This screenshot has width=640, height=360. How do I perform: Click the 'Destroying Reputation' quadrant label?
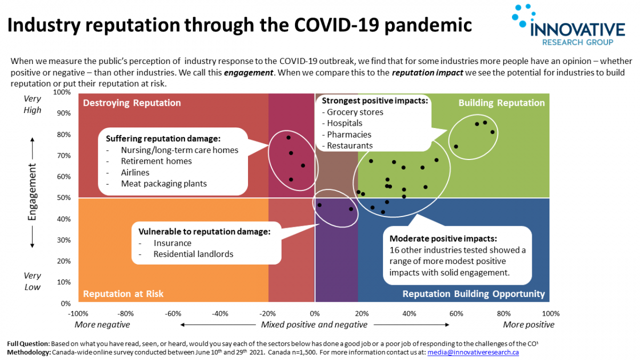[x=132, y=103]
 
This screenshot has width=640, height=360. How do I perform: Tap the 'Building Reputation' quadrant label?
[x=501, y=103]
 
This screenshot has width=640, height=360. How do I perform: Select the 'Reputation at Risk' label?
[x=123, y=294]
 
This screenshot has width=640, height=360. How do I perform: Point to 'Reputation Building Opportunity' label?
[x=474, y=294]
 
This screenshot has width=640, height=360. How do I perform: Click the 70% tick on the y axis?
[x=63, y=156]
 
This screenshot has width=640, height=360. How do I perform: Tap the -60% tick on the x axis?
[x=174, y=313]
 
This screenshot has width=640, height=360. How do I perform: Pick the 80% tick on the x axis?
[x=503, y=313]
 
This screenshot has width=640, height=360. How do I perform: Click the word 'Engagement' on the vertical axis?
[x=33, y=195]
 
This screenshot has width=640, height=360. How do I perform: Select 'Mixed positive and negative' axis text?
[x=314, y=325]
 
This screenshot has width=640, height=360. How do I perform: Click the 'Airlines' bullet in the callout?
[x=135, y=172]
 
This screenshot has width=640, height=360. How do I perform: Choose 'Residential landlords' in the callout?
[x=193, y=254]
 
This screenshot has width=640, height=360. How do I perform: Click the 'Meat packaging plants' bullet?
[x=164, y=183]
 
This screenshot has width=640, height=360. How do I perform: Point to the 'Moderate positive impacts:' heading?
[x=443, y=238]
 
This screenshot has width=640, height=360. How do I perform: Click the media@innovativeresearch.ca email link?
[x=473, y=353]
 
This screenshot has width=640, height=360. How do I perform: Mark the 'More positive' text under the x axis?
[x=529, y=325]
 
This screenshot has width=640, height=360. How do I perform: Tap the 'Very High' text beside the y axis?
[x=33, y=105]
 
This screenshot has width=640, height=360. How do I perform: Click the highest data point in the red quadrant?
[x=289, y=138]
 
